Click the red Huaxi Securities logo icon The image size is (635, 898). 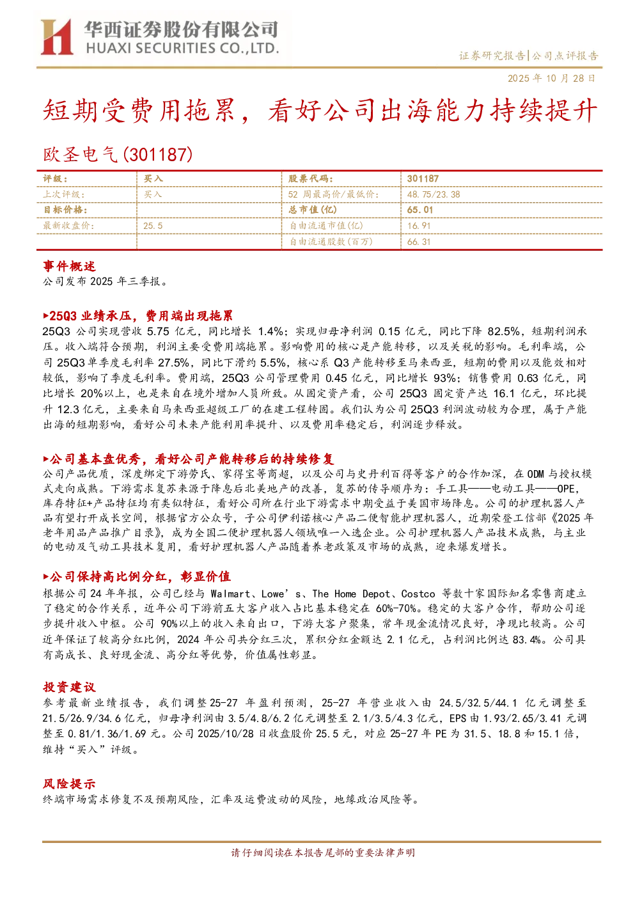(x=57, y=36)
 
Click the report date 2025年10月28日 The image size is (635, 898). (x=551, y=78)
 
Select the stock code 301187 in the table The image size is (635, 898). (x=423, y=179)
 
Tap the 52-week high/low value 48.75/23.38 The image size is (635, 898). (x=434, y=194)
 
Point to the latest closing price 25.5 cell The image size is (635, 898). (x=153, y=226)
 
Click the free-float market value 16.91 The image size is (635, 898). (x=418, y=226)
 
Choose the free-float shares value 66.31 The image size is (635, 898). (x=418, y=242)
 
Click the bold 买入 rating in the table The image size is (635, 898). (x=153, y=179)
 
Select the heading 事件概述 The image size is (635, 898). (x=69, y=266)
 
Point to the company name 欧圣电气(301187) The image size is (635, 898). (x=118, y=155)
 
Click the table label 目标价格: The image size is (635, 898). (x=65, y=210)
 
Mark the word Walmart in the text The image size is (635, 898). (x=230, y=594)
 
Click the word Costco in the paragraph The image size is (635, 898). (x=418, y=594)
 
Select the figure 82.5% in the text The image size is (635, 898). (x=503, y=331)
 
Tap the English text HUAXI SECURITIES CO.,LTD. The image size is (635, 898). (x=182, y=49)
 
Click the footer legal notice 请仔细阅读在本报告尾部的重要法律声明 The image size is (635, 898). (x=323, y=853)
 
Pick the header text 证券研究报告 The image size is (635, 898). (x=492, y=56)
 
